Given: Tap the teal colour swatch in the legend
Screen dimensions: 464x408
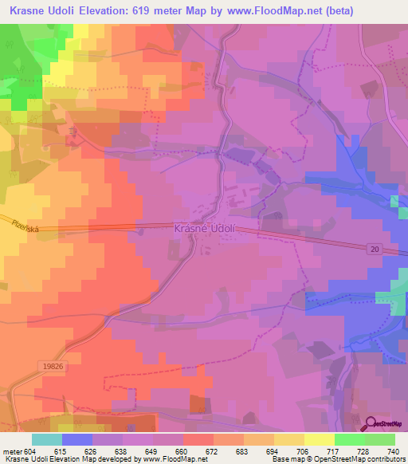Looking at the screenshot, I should (x=47, y=439).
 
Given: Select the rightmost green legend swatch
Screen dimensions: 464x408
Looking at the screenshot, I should (x=379, y=439).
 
